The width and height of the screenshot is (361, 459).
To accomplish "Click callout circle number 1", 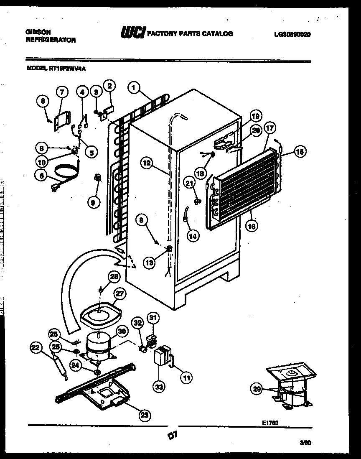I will coord(134,88).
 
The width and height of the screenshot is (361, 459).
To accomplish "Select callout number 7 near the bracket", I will coord(62,92).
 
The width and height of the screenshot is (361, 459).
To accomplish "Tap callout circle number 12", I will coord(146,164).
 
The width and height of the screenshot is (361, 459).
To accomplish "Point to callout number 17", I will coord(270,129).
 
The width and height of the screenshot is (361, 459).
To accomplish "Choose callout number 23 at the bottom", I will coord(144,415).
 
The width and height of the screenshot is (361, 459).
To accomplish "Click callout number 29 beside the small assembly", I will coord(257,388).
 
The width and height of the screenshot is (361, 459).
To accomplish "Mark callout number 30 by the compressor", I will coord(121,331).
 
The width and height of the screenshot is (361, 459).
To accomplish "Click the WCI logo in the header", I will coord(132,33).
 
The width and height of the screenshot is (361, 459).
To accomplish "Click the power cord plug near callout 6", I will coord(53,189).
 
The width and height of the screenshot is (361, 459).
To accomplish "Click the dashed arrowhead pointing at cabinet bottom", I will coord(130,262).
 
